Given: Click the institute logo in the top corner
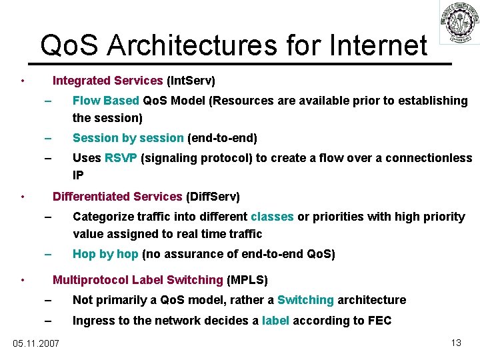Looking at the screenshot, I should coord(459,23).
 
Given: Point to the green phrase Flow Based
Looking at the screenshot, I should coord(105,101).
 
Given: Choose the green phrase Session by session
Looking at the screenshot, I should coord(128,138).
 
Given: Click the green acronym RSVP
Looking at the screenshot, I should coord(121,158).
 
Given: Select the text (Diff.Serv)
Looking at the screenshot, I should coord(213,197).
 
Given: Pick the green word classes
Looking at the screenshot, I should coord(272,217).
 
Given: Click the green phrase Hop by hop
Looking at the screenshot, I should coord(105,254).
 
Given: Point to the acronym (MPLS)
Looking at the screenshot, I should coord(247,279).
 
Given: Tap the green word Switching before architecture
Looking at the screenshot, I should coord(305,300).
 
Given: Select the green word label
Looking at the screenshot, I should coord(275,321).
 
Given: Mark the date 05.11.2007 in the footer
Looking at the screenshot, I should coord(36,343).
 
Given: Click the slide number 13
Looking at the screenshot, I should coord(456,343).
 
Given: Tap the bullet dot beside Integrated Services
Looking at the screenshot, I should coord(23,82).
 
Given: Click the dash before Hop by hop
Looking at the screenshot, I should coord(47,254).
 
